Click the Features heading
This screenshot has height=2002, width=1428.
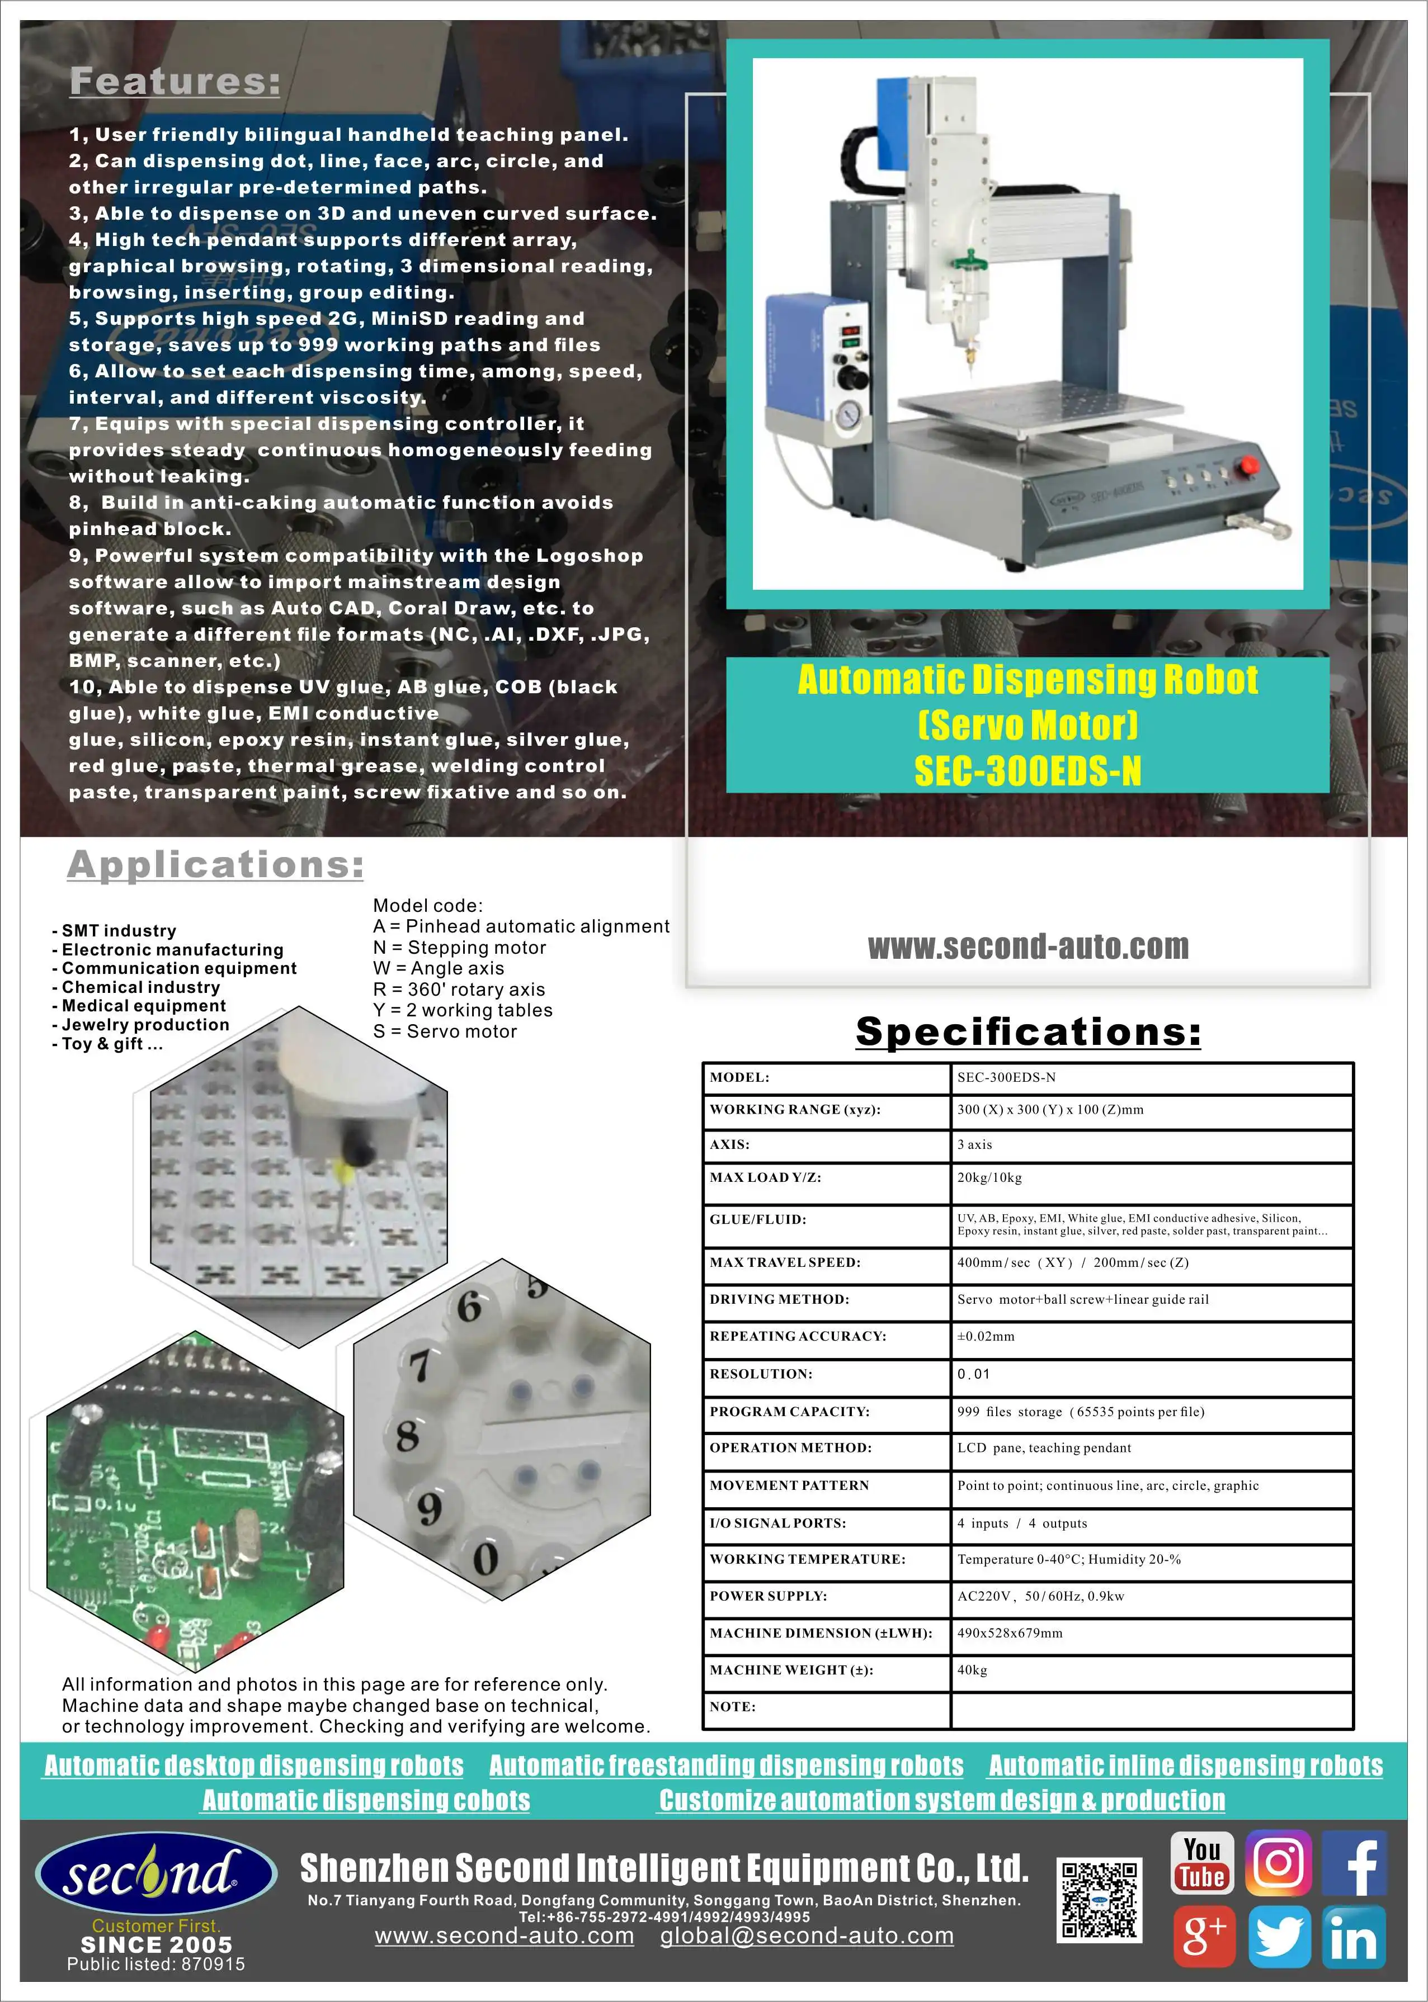(x=175, y=82)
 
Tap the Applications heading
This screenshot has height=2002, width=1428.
(x=215, y=865)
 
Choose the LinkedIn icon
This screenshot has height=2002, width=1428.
(x=1354, y=1937)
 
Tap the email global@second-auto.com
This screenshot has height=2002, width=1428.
(x=807, y=1936)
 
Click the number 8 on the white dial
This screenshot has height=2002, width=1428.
(x=407, y=1437)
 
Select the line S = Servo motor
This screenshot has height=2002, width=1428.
(x=445, y=1032)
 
